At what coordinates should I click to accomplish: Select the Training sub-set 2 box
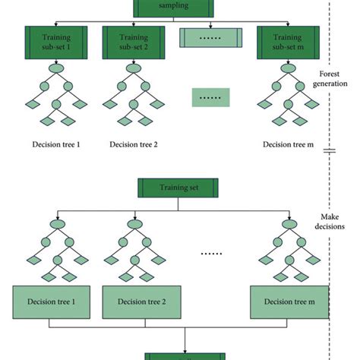coord(126,40)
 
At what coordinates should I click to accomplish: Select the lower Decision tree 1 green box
coord(49,302)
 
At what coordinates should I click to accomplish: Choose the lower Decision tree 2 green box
coord(127,302)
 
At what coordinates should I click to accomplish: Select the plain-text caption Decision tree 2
coord(127,144)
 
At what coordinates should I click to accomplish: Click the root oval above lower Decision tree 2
coord(127,223)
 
